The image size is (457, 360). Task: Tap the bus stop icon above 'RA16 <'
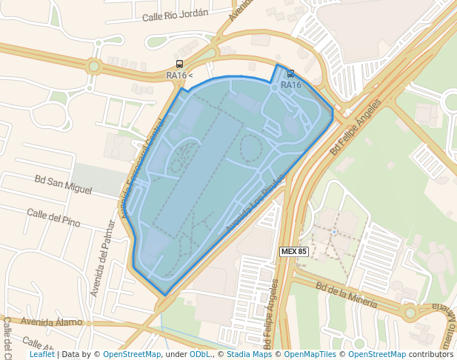[180, 64]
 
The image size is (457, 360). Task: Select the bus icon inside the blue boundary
[290, 74]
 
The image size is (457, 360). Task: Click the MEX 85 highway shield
[294, 252]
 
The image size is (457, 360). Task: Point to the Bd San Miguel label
[63, 184]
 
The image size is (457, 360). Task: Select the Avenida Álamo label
[50, 321]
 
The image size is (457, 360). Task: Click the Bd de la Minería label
[347, 294]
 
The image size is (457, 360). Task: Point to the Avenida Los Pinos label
[254, 207]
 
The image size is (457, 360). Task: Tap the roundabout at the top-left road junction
[94, 66]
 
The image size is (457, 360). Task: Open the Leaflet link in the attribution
[42, 354]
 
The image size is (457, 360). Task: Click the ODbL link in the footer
[201, 354]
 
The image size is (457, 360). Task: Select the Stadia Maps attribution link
[248, 354]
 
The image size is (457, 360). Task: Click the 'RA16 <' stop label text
[179, 76]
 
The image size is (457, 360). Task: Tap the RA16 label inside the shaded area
[291, 85]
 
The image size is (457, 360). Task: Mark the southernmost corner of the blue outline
[164, 296]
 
